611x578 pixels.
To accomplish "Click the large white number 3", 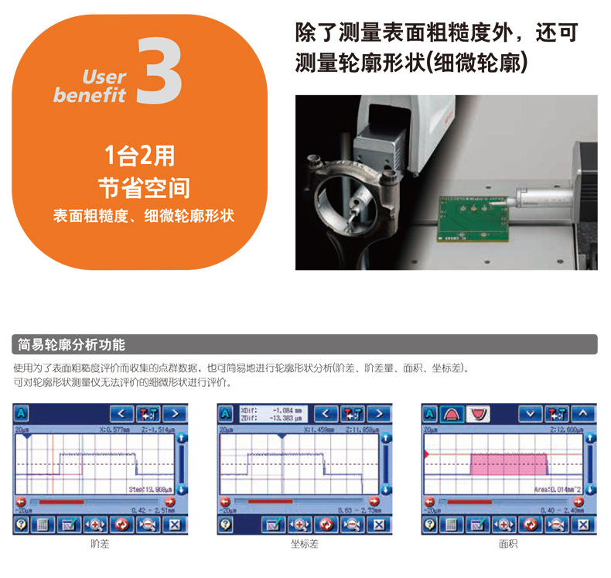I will tap(160, 71).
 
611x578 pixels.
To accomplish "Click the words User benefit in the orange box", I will tap(90, 86).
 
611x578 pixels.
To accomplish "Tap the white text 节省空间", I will tap(143, 187).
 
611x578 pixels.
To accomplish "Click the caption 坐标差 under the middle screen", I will tap(305, 545).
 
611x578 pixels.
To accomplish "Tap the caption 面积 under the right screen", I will tap(508, 545).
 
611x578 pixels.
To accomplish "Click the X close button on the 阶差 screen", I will tap(175, 525).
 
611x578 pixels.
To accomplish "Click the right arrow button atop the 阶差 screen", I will tap(175, 413).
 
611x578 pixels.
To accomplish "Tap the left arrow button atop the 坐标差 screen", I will tap(326, 413).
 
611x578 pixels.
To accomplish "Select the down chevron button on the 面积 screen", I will tap(531, 413).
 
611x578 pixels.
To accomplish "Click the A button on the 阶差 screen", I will tap(22, 413).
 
